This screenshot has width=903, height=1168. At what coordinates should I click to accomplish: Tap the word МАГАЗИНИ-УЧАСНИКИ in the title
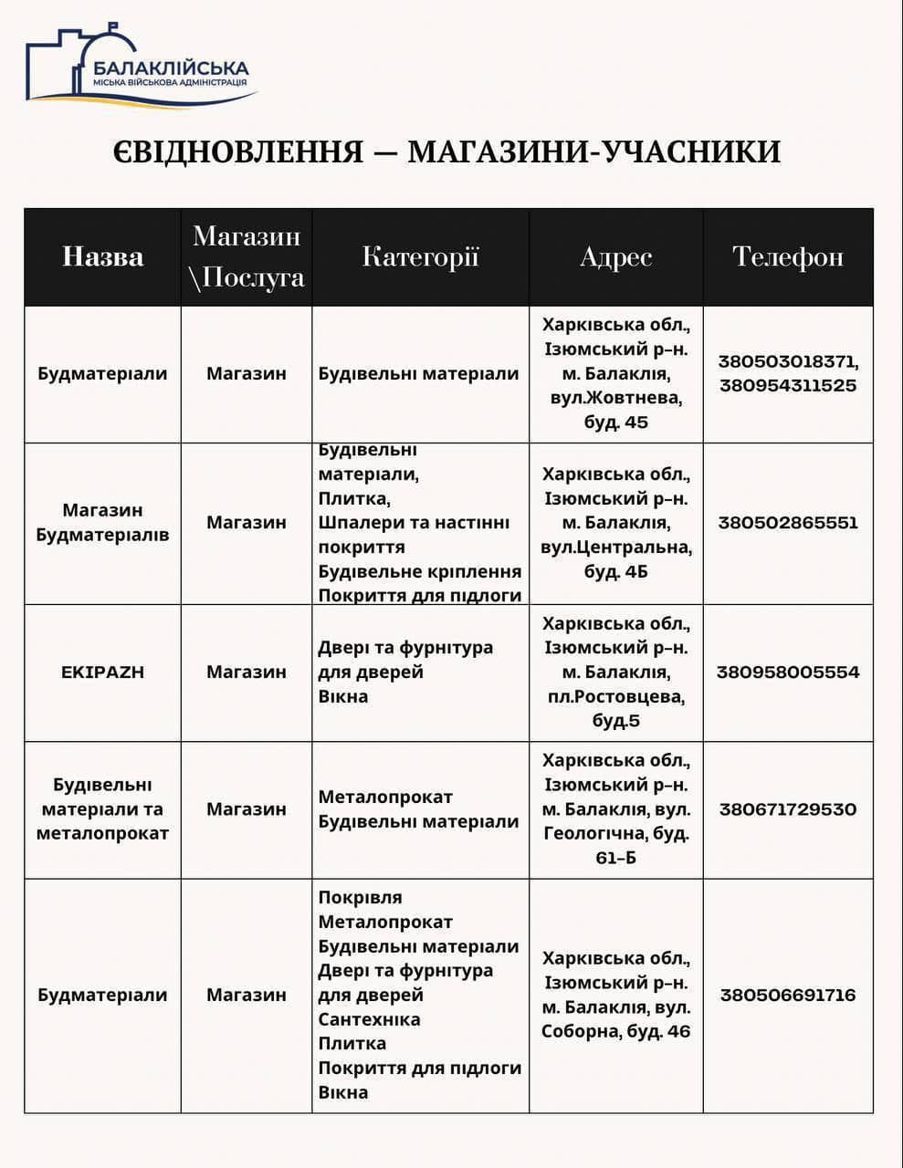click(x=593, y=151)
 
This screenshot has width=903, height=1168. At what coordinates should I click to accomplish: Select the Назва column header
click(x=102, y=256)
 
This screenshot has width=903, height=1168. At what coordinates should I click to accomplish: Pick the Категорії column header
click(x=420, y=256)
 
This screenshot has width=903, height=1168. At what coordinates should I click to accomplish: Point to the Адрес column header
click(x=615, y=256)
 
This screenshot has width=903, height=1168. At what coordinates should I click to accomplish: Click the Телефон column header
click(x=787, y=256)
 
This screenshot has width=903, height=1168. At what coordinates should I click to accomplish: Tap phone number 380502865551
click(x=787, y=523)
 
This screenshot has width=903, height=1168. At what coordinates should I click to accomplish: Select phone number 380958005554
click(x=787, y=672)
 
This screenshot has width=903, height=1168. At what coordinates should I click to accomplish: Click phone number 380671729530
click(x=787, y=809)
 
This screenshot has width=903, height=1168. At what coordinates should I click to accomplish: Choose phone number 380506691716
click(x=787, y=995)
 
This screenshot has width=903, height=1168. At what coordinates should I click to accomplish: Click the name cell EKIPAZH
click(x=102, y=672)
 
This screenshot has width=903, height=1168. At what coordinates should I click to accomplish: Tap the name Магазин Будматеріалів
click(x=102, y=522)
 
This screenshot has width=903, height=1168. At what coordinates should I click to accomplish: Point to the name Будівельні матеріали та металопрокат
click(x=102, y=809)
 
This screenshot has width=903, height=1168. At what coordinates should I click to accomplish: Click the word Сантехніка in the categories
click(x=369, y=1019)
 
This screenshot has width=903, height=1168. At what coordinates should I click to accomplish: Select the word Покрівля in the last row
click(x=360, y=898)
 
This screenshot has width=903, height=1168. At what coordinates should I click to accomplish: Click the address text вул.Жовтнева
click(x=615, y=398)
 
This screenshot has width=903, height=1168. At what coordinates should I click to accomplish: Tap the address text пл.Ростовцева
click(x=615, y=696)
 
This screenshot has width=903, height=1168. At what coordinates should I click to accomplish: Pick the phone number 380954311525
click(x=787, y=385)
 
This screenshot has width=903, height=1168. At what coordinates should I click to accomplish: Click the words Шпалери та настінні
click(x=414, y=523)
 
